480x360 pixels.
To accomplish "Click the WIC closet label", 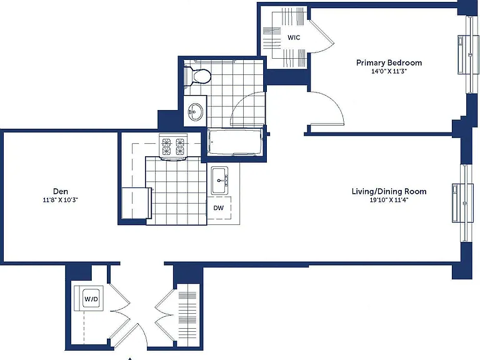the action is coord(294,37).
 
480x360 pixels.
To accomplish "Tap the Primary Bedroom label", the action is coord(389,62).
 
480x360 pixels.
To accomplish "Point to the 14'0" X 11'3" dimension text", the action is coord(389,72).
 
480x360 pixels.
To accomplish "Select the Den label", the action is coord(61,191).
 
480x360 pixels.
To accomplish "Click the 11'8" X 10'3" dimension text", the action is coord(61,200).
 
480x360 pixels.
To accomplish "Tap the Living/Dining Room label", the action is coord(389,192).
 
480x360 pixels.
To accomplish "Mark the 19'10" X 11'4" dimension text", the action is coord(389,201).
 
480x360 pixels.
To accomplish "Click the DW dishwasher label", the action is coord(219,208).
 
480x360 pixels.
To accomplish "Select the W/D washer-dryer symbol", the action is coord(91,299).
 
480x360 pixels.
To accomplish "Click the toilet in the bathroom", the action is coord(197,76).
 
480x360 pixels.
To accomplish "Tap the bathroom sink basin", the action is coord(195,111).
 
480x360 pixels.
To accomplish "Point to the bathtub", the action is coord(235,142).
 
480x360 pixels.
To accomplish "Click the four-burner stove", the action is coord(172,147).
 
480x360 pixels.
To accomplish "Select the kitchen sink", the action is coord(220,181).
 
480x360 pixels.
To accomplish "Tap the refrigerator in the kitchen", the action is coord(136,203).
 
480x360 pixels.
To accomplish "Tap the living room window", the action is coord(465,203).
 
